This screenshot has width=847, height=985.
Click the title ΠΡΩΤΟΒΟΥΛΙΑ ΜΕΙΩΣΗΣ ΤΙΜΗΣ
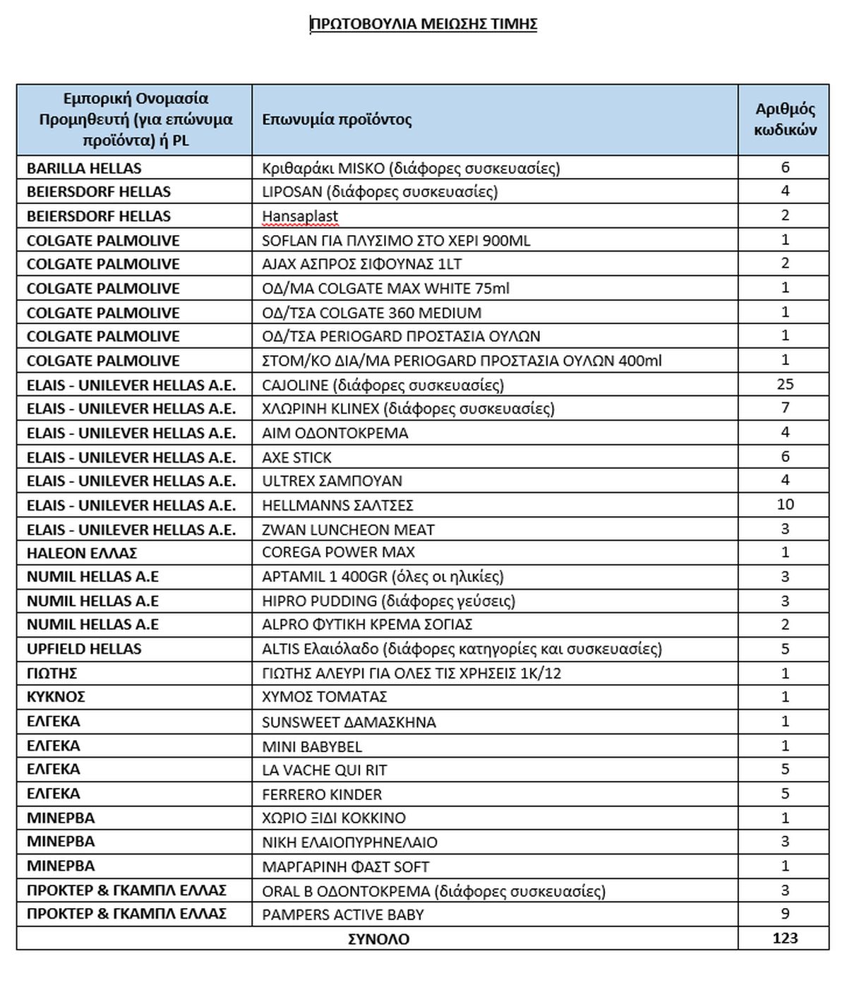(423, 25)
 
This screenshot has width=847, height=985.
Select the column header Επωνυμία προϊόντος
(337, 119)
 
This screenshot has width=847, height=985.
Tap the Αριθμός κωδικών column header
(785, 119)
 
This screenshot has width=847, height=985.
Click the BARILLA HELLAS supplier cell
(84, 168)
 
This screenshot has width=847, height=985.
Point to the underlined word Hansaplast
(300, 216)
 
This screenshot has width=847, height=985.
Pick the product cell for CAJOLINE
(383, 385)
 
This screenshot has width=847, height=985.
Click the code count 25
(785, 384)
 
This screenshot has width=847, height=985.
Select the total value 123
(785, 938)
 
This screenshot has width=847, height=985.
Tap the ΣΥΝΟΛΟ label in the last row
(378, 939)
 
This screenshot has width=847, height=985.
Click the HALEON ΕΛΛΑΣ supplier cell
(82, 553)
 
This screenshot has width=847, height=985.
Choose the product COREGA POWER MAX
(338, 552)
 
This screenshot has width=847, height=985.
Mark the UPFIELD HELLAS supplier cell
(84, 649)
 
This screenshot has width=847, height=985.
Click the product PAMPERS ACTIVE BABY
(343, 914)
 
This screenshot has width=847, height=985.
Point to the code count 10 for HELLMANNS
(785, 504)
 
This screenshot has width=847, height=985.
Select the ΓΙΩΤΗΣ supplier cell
(52, 673)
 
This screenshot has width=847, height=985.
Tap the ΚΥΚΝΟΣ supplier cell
(56, 697)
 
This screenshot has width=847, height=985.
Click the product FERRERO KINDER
(322, 794)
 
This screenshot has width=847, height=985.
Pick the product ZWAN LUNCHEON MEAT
(348, 530)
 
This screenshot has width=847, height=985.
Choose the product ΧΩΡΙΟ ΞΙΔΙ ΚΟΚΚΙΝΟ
(334, 818)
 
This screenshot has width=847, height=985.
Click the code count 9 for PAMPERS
(785, 914)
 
